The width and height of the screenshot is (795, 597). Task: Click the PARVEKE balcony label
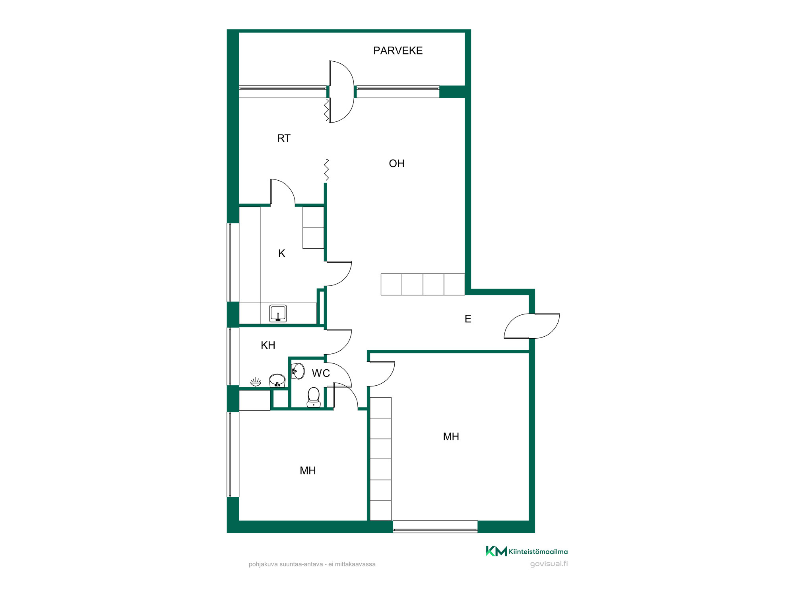point(398,51)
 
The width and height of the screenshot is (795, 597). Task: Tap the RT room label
point(284,138)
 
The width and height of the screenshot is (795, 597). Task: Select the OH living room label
point(397,163)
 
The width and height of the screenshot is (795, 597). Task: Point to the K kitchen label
point(282,253)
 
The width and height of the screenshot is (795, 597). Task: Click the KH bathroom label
point(268,345)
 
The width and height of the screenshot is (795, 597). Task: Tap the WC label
point(321,373)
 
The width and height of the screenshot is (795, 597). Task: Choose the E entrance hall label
point(468,319)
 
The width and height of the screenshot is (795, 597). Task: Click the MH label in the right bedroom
point(451,437)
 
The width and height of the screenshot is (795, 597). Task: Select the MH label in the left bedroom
point(308,470)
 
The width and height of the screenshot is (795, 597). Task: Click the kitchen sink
point(278,313)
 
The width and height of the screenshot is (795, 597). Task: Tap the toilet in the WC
point(314,397)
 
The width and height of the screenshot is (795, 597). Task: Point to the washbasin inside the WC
point(298,371)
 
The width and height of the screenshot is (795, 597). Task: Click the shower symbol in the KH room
point(256,382)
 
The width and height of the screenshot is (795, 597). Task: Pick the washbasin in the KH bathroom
point(277,380)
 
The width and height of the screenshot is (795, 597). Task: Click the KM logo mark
point(496,551)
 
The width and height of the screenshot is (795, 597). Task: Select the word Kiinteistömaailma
point(538,552)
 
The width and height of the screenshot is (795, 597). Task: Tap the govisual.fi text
point(549,564)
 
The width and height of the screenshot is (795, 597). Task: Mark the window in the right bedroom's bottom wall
point(435,527)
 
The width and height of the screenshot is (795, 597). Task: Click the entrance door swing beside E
point(532,326)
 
